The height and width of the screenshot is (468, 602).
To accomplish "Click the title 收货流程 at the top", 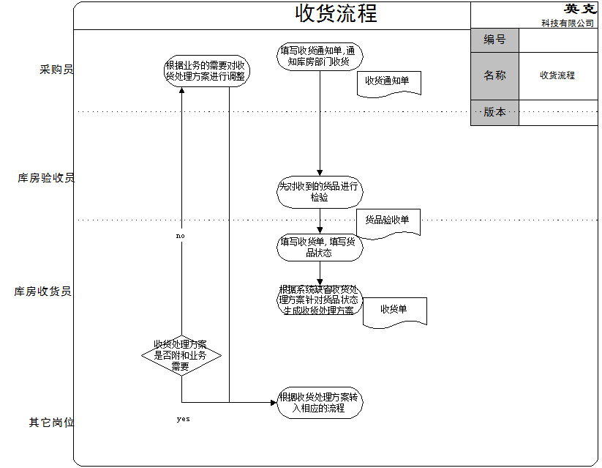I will coord(336,14).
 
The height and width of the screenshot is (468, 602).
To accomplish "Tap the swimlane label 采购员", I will coord(56,70).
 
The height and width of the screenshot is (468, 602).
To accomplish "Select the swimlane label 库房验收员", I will coord(46,178).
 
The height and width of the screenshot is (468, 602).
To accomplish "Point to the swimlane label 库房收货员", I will coord(42,291).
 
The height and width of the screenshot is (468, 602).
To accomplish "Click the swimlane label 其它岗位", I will coord(51,423).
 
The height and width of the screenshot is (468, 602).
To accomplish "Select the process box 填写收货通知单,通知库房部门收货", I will coord(320,56).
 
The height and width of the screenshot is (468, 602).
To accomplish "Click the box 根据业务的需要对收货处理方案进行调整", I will coord(205,70).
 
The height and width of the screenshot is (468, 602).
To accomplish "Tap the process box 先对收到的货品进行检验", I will coord(320,192).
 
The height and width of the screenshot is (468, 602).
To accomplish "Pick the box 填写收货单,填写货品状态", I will coord(320,247).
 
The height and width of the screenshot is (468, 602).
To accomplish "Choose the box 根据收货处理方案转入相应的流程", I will coord(320,403).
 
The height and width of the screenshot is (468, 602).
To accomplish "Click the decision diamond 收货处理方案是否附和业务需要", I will coord(181,355).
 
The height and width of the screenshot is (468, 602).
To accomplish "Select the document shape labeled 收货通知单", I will coord(389,83).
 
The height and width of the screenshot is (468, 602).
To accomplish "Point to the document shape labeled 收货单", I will coord(394,311).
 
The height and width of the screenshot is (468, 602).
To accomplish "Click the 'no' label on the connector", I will coord(181,237).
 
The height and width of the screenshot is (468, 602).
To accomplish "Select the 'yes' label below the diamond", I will coord(183,420).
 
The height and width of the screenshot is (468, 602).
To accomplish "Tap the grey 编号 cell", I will coord(494,40).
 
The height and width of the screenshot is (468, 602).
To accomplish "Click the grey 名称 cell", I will coord(494,75).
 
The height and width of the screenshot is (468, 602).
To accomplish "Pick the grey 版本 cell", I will coord(494,112).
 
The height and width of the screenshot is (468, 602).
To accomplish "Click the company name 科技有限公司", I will coord(568,23).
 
